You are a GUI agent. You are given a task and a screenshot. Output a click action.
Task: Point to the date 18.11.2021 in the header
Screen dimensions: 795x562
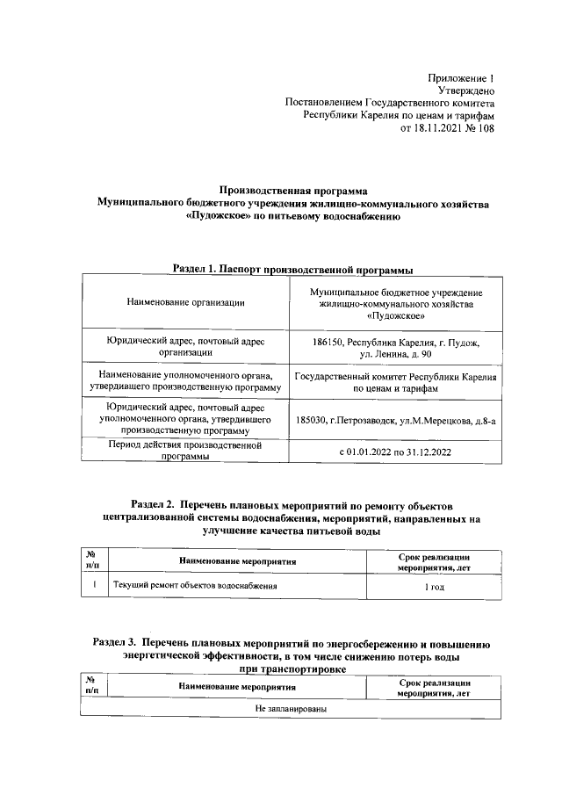[441, 127]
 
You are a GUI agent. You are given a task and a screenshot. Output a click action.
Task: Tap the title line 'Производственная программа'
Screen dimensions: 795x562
[292, 190]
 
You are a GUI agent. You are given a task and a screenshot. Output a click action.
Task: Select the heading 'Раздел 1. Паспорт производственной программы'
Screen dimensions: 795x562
[292, 267]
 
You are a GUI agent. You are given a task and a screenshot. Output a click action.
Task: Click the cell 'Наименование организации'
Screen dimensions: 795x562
[184, 302]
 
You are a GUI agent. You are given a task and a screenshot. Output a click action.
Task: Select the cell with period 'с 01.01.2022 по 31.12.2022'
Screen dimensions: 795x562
[395, 452]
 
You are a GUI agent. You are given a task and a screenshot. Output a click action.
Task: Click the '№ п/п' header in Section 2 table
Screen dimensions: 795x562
[90, 560]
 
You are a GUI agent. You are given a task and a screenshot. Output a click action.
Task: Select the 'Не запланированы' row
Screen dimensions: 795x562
[292, 707]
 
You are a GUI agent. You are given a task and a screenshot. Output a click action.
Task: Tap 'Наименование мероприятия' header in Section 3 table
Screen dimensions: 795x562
[237, 687]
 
